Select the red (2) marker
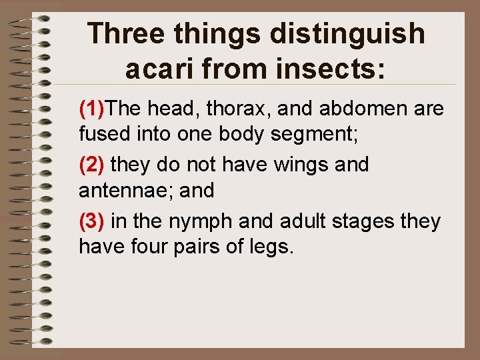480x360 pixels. [92, 164]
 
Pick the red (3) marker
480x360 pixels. [92, 220]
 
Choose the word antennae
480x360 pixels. [117, 191]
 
